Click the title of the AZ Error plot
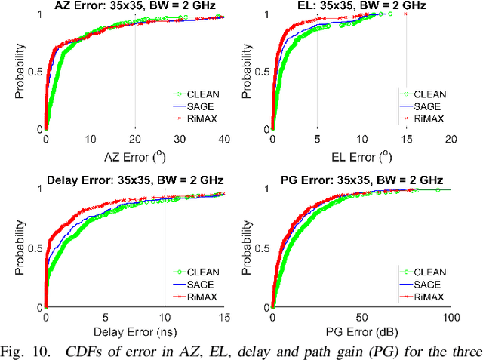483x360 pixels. [134, 6]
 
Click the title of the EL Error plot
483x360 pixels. [361, 6]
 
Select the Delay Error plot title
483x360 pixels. [134, 180]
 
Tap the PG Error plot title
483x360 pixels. [361, 180]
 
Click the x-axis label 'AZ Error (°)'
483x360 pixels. [134, 155]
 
